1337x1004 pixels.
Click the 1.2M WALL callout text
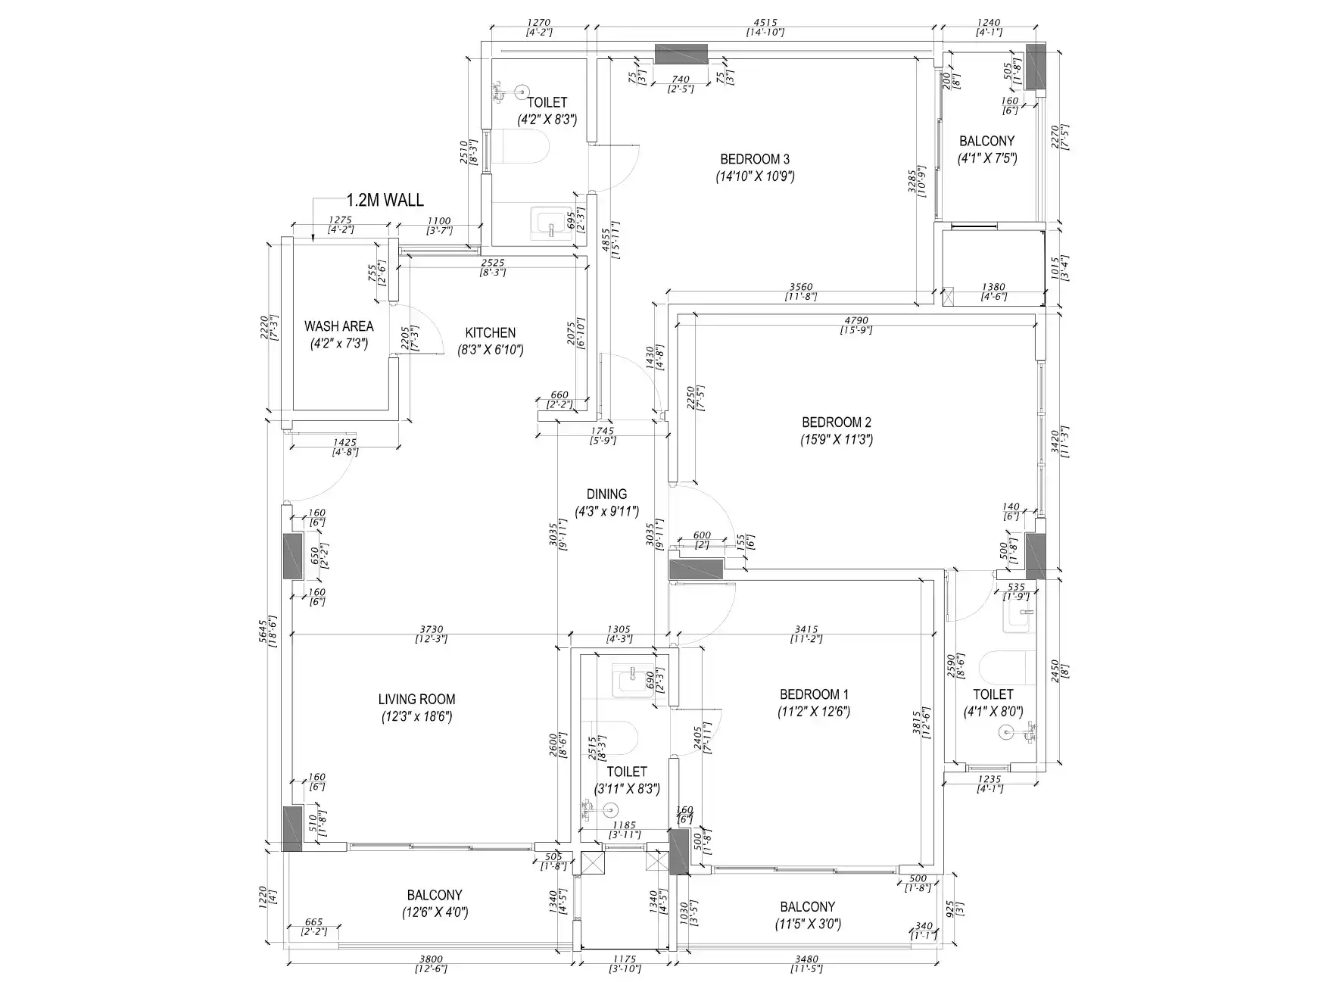click(x=385, y=201)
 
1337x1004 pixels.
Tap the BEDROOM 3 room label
click(x=755, y=159)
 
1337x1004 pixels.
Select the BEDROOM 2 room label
click(x=837, y=422)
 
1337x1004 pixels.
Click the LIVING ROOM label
click(x=416, y=699)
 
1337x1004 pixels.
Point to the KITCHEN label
click(x=490, y=332)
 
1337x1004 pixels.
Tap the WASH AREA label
click(x=338, y=326)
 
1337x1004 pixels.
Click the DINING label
click(x=606, y=494)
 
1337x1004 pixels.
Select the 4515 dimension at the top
click(x=765, y=23)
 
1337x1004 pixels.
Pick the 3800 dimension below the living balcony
click(x=431, y=959)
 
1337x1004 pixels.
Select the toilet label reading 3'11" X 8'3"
click(x=626, y=788)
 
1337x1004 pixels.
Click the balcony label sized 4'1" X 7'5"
click(x=986, y=158)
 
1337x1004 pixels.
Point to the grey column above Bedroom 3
click(x=681, y=55)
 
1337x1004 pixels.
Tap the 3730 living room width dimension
click(x=432, y=629)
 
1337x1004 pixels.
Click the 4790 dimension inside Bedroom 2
click(x=855, y=320)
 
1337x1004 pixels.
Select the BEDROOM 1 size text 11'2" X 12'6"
click(x=814, y=712)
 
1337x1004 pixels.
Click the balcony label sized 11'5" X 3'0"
click(x=807, y=924)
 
